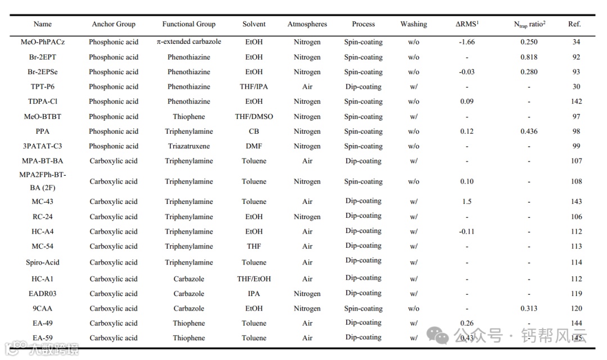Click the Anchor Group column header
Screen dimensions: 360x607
(114, 24)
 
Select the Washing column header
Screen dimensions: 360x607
(414, 24)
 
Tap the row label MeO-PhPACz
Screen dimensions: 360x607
(43, 42)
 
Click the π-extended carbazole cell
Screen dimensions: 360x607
(189, 42)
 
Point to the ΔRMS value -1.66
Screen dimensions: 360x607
(466, 42)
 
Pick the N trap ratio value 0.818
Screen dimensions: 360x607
(528, 57)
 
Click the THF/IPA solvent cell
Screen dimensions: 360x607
(254, 87)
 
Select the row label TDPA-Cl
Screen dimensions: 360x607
(43, 102)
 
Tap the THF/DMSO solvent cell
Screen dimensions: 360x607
(254, 117)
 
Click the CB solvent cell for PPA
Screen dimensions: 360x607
(254, 131)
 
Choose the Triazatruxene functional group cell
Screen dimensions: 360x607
(189, 146)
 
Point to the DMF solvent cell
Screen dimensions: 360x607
(254, 146)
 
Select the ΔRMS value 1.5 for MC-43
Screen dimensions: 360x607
(466, 202)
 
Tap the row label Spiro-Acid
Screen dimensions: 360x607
(43, 262)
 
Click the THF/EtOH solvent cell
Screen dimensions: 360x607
(254, 279)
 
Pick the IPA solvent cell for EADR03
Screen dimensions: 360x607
(254, 294)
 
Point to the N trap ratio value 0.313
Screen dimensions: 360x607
(528, 308)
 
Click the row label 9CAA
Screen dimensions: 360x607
(43, 308)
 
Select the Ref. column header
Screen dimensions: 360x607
(574, 24)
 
